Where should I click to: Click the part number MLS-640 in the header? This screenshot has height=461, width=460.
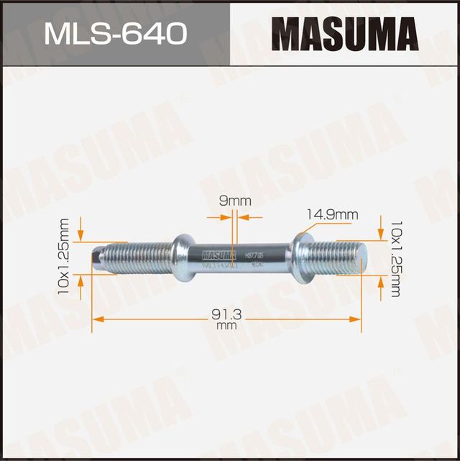tap(115, 33)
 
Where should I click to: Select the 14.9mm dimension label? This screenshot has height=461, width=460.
tap(331, 214)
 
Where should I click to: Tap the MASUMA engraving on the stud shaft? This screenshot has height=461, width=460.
tap(219, 254)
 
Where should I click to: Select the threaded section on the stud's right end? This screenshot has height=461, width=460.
tap(334, 255)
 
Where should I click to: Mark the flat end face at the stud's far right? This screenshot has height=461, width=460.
tap(364, 255)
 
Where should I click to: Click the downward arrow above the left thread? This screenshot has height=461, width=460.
tap(80, 236)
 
